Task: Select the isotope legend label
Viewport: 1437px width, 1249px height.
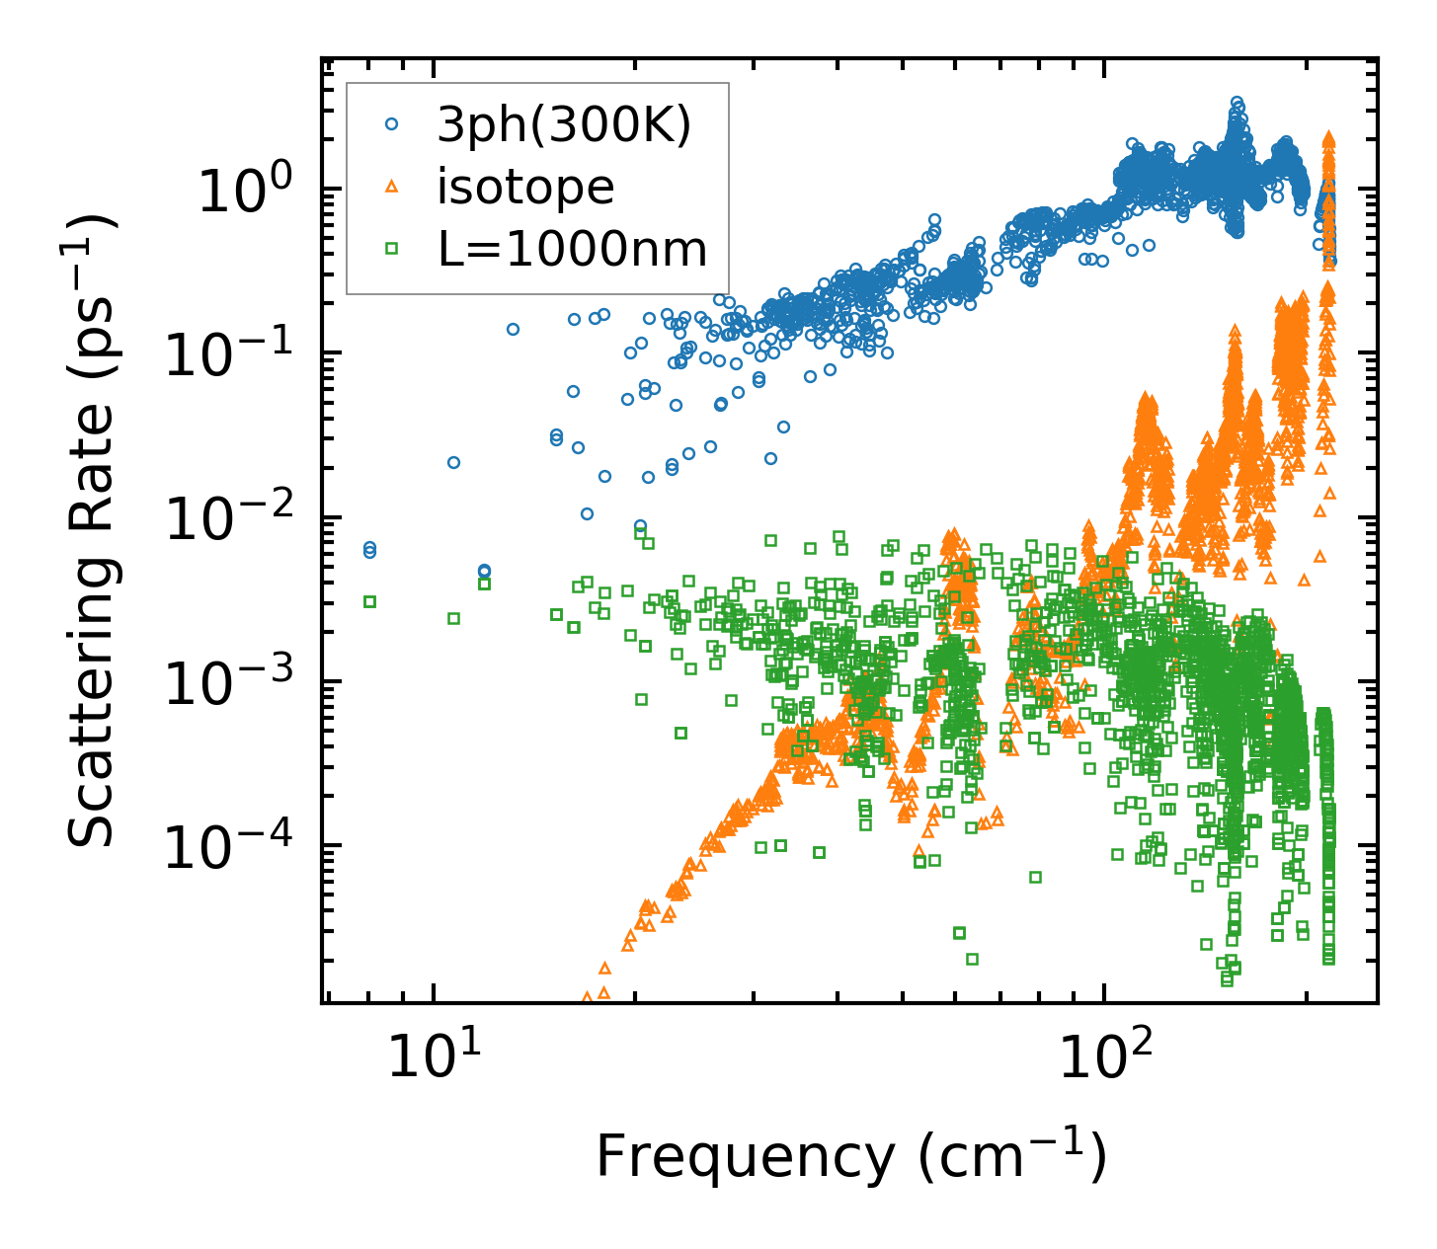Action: point(525,187)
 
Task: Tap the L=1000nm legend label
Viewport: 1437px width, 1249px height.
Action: point(573,249)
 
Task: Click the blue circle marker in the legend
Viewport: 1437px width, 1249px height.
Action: point(392,125)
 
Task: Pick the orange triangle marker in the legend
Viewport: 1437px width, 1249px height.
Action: point(392,187)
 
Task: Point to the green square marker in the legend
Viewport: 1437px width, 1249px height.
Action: point(392,248)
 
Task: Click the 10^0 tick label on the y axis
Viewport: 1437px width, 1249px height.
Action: point(243,191)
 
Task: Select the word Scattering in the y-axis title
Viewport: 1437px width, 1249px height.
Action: point(91,705)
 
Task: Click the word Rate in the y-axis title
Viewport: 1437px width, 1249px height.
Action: point(91,495)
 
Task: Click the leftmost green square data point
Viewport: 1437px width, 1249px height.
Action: point(369,601)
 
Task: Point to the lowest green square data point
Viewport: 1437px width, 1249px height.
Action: point(1227,980)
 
